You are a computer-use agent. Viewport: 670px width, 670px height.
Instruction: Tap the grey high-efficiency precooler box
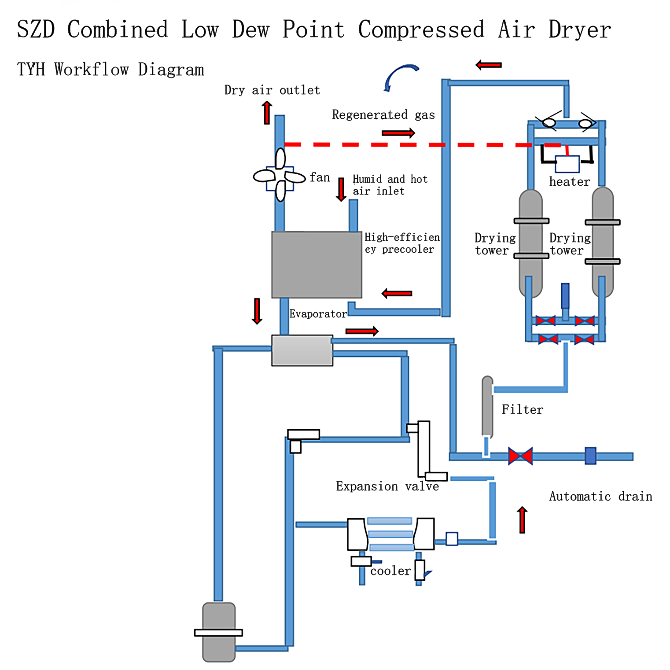point(317,265)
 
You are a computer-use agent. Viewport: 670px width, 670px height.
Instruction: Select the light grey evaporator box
point(302,350)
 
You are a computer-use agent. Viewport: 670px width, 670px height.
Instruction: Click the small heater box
point(567,164)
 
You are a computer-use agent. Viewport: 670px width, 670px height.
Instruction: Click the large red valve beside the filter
point(520,456)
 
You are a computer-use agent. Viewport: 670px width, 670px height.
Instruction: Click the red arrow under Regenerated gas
point(398,133)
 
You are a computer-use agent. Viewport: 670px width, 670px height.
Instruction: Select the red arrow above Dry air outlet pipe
point(267,113)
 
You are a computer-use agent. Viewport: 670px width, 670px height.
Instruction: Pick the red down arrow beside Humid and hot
point(341,189)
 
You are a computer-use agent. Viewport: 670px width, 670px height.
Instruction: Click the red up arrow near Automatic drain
point(522,519)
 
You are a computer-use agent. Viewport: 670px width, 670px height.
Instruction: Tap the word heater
point(569,182)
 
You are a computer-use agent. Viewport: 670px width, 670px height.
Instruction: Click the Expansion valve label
point(387,486)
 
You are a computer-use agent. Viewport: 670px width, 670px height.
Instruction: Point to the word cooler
point(390,571)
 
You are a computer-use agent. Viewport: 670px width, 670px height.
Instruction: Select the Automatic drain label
point(600,497)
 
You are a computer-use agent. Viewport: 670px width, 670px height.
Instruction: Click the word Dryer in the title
point(580,30)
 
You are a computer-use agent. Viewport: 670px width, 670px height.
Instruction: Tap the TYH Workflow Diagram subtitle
point(110,70)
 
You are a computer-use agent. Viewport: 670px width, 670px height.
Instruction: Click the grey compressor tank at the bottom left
point(219,632)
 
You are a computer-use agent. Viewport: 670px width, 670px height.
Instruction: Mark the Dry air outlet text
point(272,90)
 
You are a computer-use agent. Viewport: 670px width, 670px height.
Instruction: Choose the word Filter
point(522,410)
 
